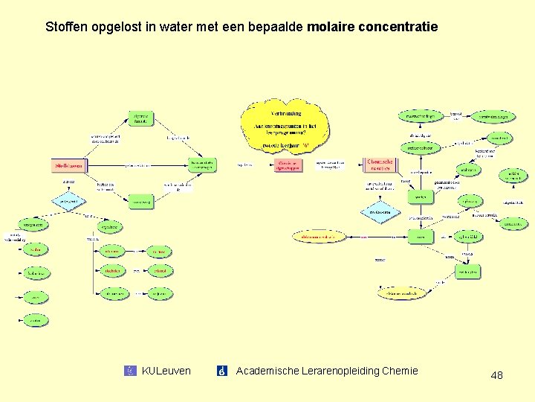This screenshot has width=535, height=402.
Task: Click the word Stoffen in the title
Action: [x=67, y=27]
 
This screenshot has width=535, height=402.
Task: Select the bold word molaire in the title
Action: [x=329, y=27]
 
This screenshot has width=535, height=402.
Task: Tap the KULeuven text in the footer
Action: [x=166, y=371]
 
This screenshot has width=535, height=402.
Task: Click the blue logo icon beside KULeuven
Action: [x=131, y=371]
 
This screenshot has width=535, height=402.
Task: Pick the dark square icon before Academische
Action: [x=221, y=371]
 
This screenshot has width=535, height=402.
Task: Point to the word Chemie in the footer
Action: [x=401, y=371]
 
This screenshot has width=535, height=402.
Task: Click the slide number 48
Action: [x=496, y=375]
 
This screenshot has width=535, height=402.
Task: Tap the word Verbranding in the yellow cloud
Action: [x=285, y=113]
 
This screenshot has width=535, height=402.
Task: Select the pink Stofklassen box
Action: [x=68, y=165]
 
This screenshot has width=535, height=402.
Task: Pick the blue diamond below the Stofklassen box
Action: [x=69, y=201]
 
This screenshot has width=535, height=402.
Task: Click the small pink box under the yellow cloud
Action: [x=286, y=165]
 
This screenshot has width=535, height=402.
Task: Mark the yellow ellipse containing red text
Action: [x=320, y=237]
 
